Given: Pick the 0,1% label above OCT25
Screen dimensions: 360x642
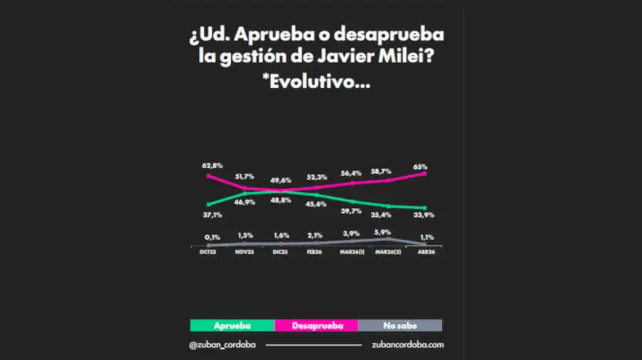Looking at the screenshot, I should (x=212, y=237).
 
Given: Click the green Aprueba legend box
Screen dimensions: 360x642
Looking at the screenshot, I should (x=233, y=325).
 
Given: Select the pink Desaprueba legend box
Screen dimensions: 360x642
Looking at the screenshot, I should (x=315, y=325).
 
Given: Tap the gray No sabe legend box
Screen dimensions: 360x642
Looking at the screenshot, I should (x=399, y=325).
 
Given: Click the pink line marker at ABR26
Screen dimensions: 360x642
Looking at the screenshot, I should (x=426, y=173).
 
